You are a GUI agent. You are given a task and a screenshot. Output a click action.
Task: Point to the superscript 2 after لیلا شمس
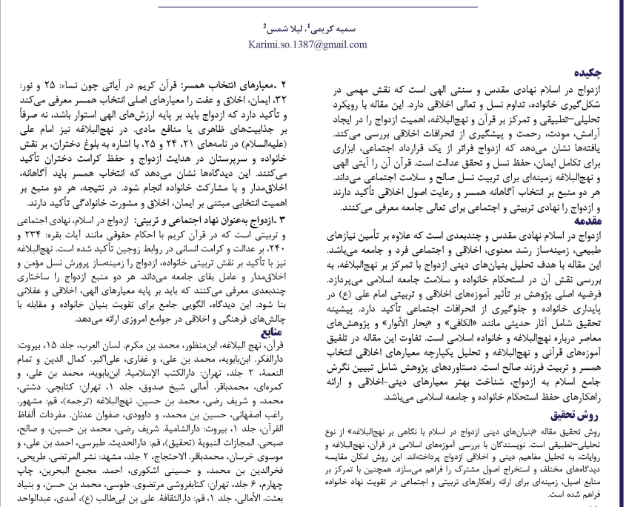[x=264, y=26]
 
